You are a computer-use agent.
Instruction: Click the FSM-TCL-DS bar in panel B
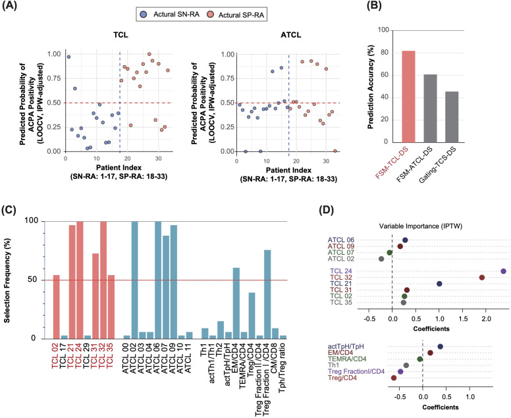click(x=408, y=97)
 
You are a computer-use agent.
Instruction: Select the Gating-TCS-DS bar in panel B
click(x=452, y=117)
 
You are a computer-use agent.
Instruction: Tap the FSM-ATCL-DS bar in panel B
click(x=430, y=109)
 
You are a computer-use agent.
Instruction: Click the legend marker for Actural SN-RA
click(x=144, y=14)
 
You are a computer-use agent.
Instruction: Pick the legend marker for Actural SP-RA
click(x=211, y=14)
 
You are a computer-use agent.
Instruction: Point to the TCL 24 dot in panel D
click(x=503, y=271)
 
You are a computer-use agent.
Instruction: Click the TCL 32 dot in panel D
click(x=481, y=277)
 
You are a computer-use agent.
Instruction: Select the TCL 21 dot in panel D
click(x=439, y=284)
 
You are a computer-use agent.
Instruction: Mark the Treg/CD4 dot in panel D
click(x=394, y=378)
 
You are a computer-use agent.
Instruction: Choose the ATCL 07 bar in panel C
click(x=166, y=287)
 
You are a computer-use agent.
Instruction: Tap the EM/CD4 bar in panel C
click(x=236, y=303)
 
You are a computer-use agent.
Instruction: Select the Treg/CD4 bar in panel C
click(x=252, y=315)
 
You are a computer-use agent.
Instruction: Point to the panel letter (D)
click(x=327, y=210)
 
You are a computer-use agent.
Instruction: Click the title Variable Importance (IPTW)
click(x=421, y=226)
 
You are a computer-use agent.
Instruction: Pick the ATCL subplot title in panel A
click(x=290, y=34)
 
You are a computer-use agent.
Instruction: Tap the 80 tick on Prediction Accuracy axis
click(x=385, y=53)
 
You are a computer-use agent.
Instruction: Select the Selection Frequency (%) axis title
click(x=7, y=280)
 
